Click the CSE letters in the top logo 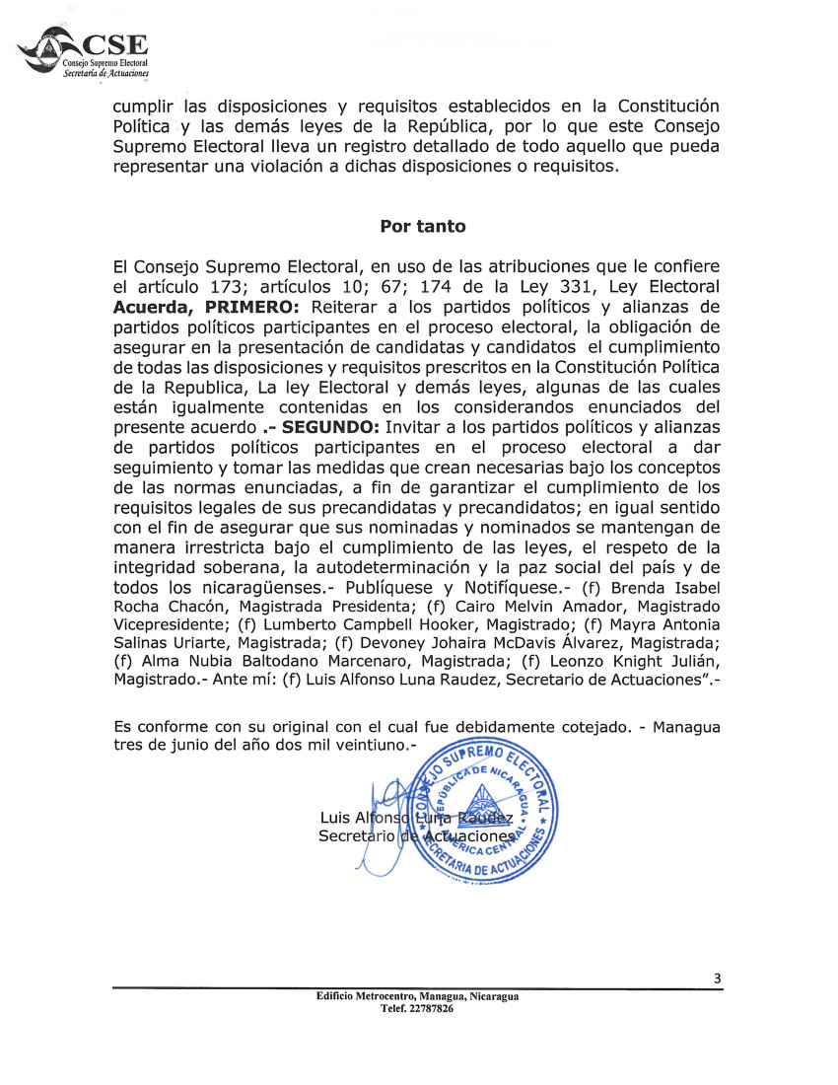[115, 46]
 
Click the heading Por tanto [422, 226]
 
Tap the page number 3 [718, 978]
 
